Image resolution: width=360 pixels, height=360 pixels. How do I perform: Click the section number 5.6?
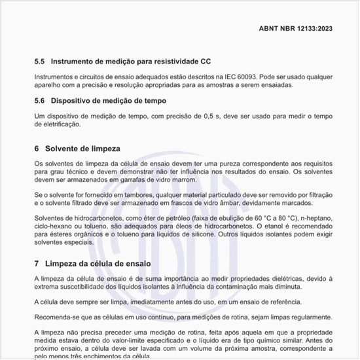click(x=39, y=101)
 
